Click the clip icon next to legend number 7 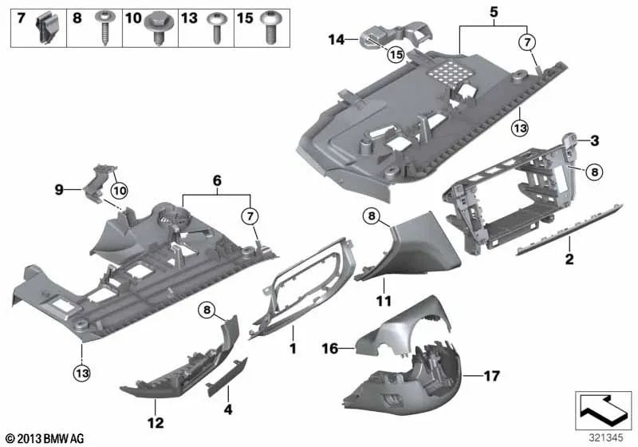pos(47,27)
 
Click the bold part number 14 pos(337,40)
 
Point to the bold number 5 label pos(493,12)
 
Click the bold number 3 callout pos(594,140)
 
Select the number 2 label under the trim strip pos(569,258)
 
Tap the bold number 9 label pos(59,189)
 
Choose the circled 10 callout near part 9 pos(120,190)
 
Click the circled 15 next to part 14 pos(396,54)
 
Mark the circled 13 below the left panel pos(82,373)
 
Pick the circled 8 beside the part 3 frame pos(594,172)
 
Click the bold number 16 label pos(330,349)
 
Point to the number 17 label pos(491,376)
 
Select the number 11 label pos(384,301)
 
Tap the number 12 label pos(156,422)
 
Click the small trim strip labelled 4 pos(227,378)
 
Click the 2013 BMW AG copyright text pos(45,438)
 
